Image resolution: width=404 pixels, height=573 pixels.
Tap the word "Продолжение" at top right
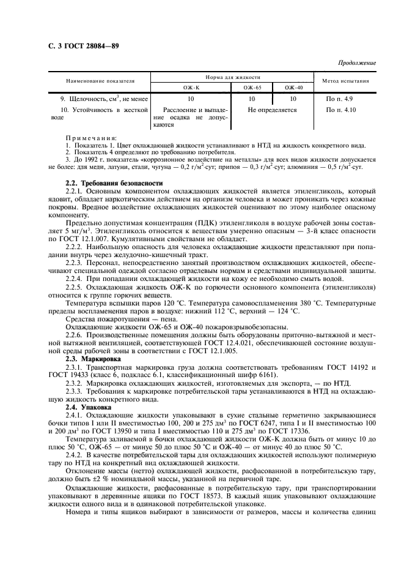click(x=358, y=63)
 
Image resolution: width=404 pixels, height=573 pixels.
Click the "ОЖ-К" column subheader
click(x=192, y=88)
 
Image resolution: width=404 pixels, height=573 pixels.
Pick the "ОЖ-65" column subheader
click(x=251, y=88)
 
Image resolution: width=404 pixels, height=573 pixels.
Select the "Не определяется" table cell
click(x=272, y=110)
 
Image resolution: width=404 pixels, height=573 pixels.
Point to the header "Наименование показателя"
click(x=100, y=81)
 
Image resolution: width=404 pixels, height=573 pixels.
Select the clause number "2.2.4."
click(x=73, y=278)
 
